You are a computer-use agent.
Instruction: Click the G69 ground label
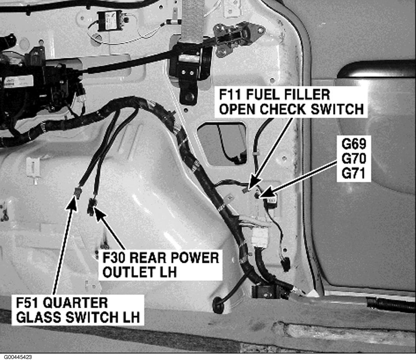point(354,144)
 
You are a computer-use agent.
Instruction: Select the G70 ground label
point(354,159)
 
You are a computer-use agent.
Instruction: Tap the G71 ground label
point(354,174)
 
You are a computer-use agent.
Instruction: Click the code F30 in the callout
point(114,258)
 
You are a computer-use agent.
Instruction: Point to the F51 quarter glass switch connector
point(78,192)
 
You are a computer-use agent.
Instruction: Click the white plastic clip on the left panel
point(33,167)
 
